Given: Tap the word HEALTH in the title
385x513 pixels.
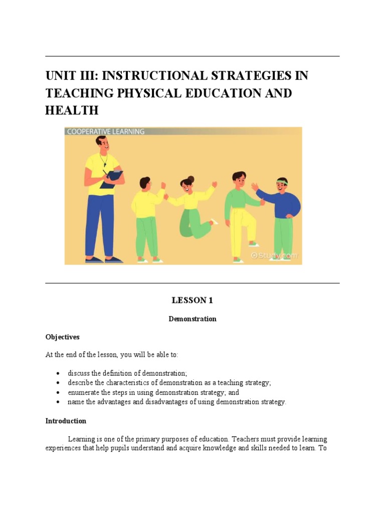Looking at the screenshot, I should point(72,110).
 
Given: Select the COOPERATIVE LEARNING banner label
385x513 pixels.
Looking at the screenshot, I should point(105,131).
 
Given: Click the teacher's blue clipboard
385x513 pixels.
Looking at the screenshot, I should point(112,179).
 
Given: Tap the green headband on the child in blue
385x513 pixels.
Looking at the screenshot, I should point(282,181).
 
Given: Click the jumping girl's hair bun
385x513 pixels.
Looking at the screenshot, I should point(190,178).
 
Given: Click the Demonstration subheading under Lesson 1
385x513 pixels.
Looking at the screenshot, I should point(192,319).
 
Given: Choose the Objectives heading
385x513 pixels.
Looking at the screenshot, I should point(63,337).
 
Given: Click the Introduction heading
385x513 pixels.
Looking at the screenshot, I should point(66,421).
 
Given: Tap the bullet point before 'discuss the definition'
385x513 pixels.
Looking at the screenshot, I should point(58,374).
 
